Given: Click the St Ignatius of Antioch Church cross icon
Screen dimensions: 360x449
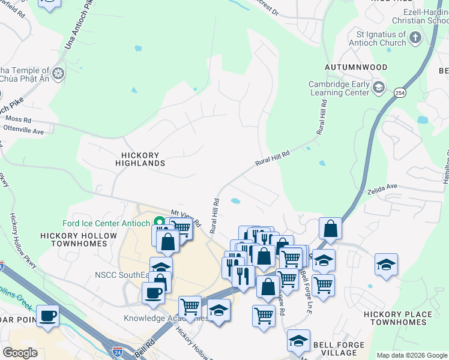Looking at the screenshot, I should click(x=415, y=39).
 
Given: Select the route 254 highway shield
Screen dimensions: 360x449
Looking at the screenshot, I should click(x=399, y=93).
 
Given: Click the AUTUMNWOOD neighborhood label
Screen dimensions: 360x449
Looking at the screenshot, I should click(x=356, y=67).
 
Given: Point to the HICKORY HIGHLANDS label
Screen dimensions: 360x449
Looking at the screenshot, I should click(x=140, y=158).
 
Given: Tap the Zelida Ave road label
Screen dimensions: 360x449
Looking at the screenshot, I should click(x=384, y=187).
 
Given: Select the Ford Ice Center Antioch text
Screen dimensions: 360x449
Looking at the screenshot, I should click(x=106, y=224).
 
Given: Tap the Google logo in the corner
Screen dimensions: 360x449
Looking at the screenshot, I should click(x=20, y=353).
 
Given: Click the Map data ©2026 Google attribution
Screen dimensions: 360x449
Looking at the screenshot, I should click(x=412, y=355).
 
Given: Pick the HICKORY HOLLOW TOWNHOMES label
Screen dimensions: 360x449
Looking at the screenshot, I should click(x=79, y=240).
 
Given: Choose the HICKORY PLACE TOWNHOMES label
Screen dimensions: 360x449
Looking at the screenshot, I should click(x=398, y=319).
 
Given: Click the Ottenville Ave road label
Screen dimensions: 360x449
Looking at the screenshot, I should click(x=24, y=130).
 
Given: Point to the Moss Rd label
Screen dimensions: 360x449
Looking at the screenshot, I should click(x=19, y=120).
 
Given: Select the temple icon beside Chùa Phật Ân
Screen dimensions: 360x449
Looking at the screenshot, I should click(x=58, y=74).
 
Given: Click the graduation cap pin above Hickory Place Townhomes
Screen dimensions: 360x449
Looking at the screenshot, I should click(x=386, y=264).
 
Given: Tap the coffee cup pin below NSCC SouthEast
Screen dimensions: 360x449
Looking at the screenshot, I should click(x=154, y=293).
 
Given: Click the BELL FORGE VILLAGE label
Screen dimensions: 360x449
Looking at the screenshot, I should click(x=339, y=349).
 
